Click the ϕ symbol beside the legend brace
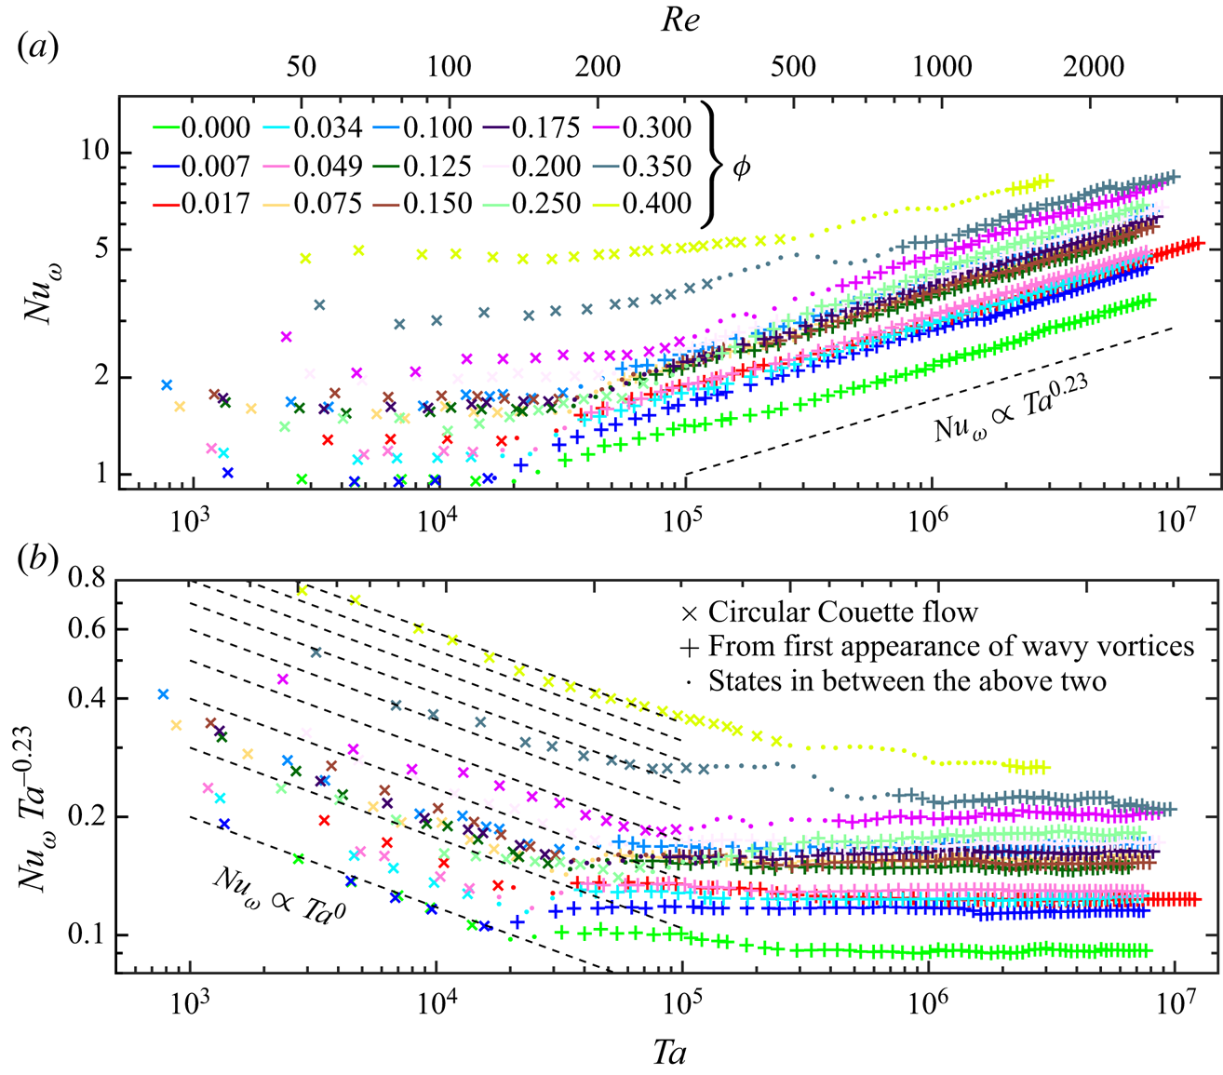click(741, 168)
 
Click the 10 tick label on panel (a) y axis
click(90, 152)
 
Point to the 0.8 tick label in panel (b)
click(90, 581)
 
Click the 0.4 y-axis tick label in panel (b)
click(90, 699)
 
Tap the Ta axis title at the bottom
click(669, 1053)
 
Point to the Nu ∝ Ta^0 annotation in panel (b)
click(279, 897)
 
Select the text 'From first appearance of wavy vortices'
click(950, 646)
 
